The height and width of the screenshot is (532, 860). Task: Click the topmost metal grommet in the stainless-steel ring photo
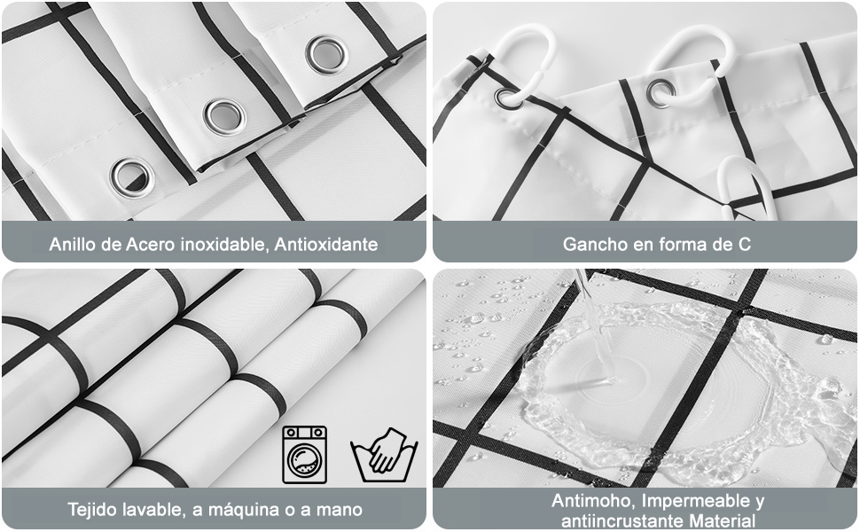pyautogui.click(x=326, y=54)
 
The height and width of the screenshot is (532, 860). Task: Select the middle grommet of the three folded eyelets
pyautogui.click(x=224, y=115)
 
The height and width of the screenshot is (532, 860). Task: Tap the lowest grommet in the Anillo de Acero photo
pyautogui.click(x=132, y=176)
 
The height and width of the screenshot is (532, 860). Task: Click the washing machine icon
pyautogui.click(x=304, y=454)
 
